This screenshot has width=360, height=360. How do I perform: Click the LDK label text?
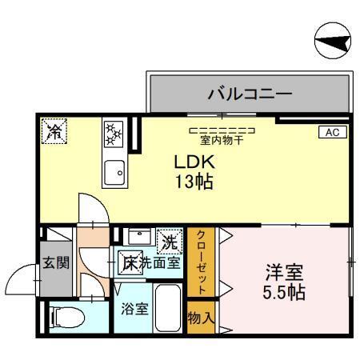194,161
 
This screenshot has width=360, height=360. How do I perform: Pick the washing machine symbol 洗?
169,238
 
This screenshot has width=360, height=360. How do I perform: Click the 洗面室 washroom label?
160,262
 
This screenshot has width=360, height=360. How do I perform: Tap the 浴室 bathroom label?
135,308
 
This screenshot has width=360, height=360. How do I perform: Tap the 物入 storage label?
202,318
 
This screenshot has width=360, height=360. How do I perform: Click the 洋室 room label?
284,271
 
